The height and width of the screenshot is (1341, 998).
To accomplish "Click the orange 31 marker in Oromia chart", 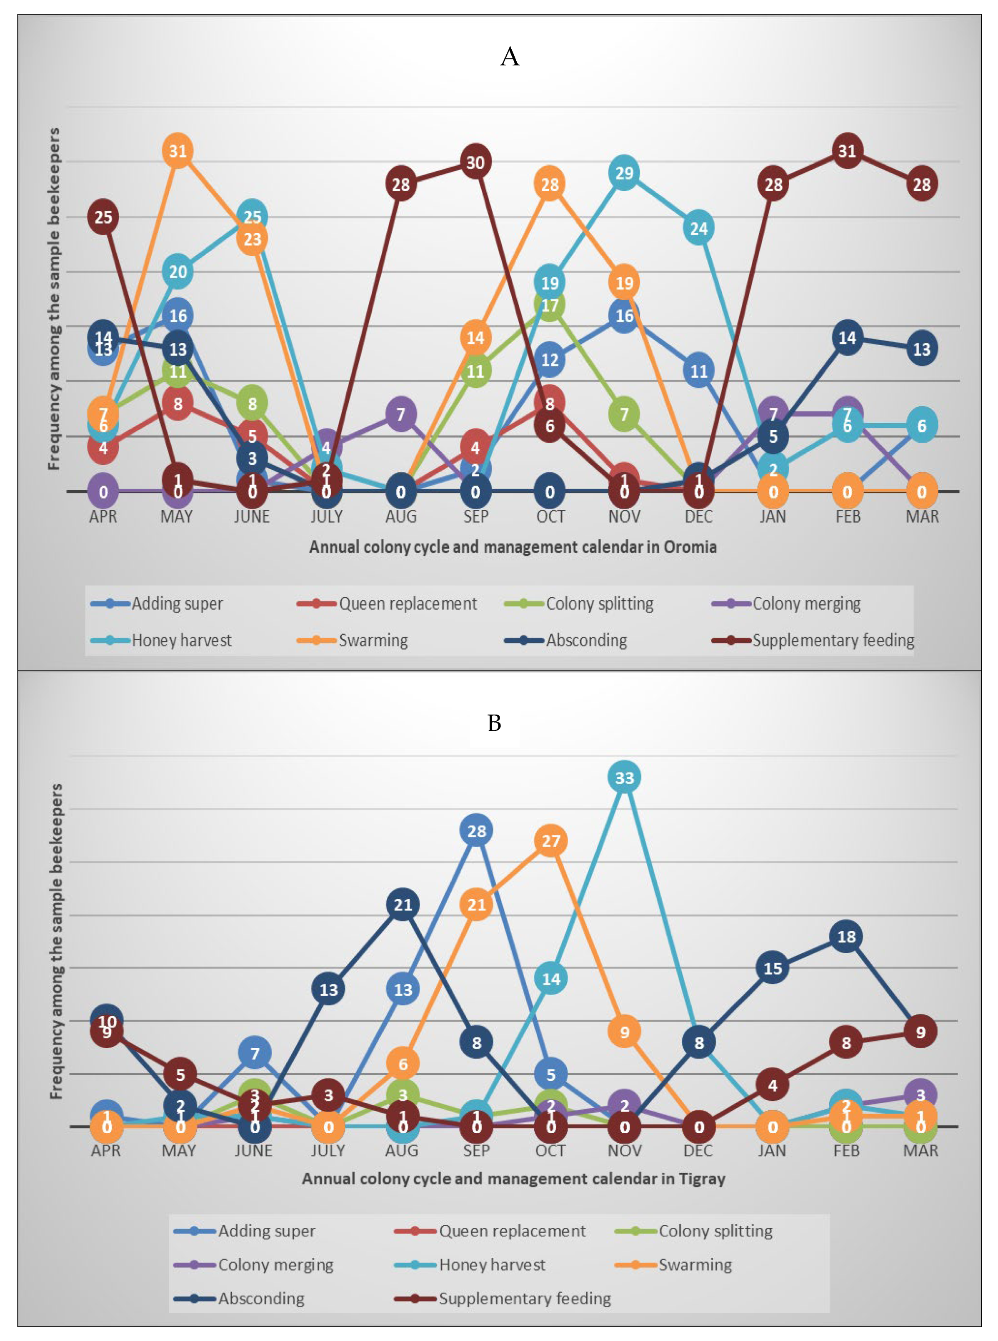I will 178,150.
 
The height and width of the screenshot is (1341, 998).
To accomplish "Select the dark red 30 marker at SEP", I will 475,162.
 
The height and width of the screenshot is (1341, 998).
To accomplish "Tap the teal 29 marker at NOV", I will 624,173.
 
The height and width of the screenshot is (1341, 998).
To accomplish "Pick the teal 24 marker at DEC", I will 698,228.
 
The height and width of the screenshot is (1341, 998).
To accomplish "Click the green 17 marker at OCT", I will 550,305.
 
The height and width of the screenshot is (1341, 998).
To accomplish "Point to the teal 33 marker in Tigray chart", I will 624,778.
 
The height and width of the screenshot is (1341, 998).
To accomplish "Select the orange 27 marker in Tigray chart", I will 550,840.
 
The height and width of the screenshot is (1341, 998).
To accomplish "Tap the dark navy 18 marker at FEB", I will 846,937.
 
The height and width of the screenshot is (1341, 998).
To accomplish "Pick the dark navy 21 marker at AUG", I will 403,905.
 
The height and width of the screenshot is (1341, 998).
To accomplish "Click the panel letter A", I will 510,57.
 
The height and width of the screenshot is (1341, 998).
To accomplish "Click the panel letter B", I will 494,723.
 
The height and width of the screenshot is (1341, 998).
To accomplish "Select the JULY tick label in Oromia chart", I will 326,517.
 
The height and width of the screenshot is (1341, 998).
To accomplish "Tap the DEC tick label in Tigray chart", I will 698,1151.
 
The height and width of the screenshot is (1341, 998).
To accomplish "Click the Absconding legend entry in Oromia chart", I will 586,640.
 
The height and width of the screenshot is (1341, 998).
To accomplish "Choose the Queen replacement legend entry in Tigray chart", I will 512,1231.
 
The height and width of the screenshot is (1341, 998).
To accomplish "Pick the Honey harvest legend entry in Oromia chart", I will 181,640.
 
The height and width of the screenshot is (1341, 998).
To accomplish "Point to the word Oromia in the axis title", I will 690,547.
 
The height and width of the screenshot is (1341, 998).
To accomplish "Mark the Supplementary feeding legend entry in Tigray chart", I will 524,1299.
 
